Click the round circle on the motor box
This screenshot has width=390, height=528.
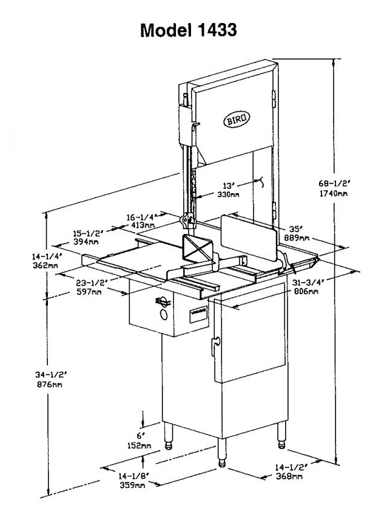coord(163,314)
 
